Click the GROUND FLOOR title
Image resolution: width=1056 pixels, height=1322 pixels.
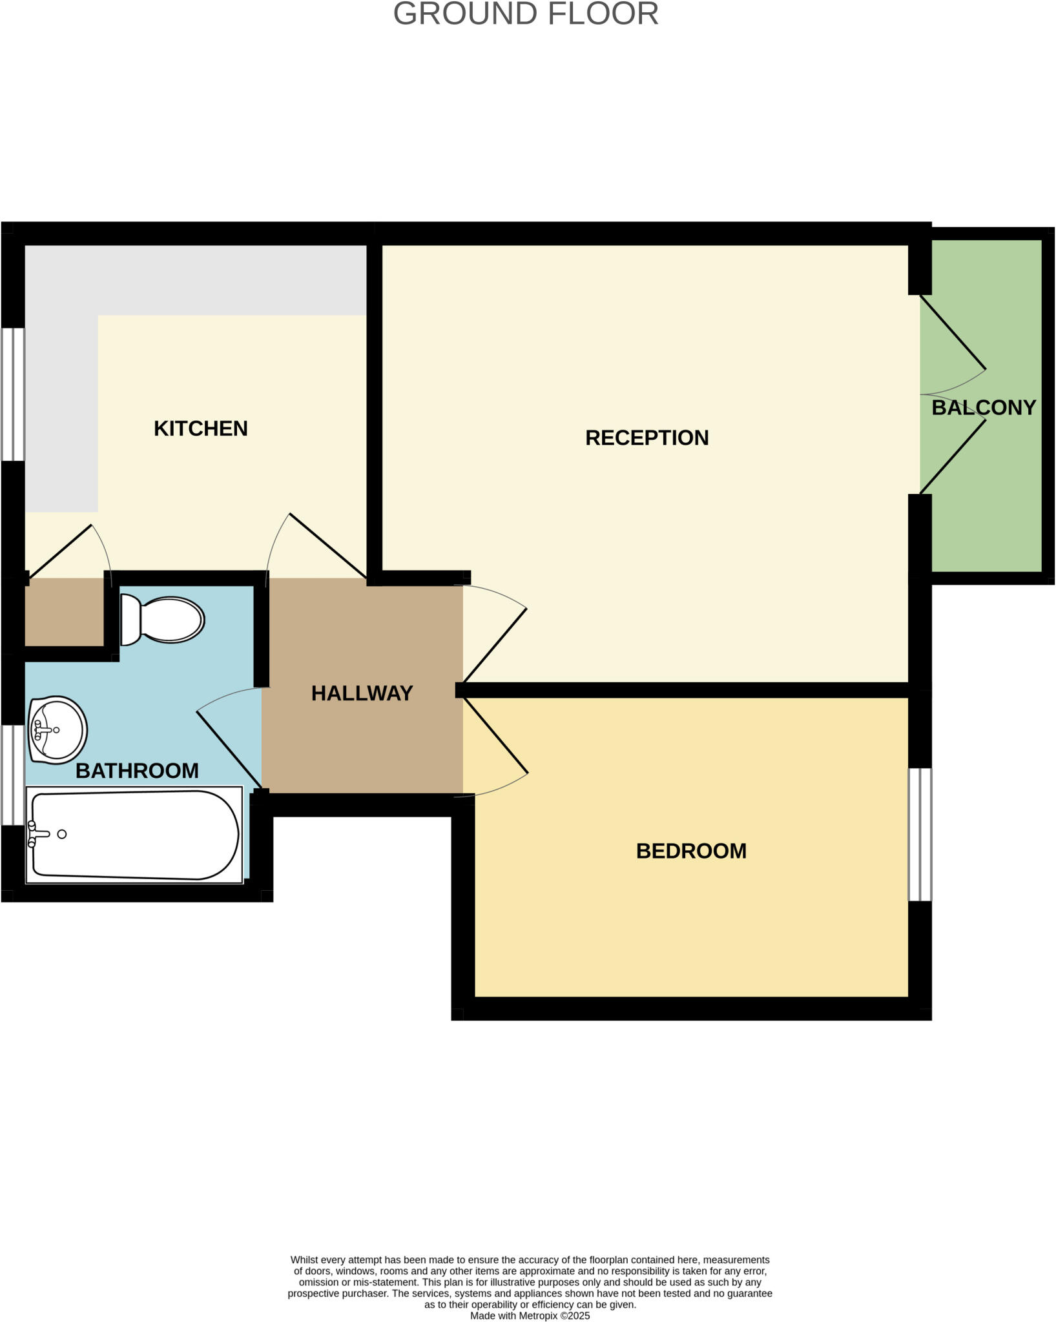coord(526,14)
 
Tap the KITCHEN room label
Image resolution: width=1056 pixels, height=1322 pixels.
coord(200,429)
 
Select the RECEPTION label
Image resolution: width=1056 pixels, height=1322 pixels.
coord(647,438)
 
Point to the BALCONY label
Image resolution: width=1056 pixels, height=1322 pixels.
coord(983,407)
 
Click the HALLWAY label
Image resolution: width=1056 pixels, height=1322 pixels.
coord(362,693)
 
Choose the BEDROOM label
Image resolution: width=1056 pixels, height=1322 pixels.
coord(691,851)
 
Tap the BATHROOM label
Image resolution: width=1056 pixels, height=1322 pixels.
coord(137,771)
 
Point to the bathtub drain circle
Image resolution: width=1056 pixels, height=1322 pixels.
coord(62,834)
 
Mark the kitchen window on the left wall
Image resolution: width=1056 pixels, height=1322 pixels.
coord(13,394)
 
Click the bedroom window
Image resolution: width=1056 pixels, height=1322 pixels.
coord(920,834)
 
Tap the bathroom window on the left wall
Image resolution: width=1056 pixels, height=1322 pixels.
coord(13,775)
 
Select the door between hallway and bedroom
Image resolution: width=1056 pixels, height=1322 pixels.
coord(495,736)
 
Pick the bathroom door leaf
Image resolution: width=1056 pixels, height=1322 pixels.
coord(229,749)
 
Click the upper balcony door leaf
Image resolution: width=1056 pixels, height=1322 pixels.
coord(953,332)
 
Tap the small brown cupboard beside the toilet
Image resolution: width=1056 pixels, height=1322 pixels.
coord(65,612)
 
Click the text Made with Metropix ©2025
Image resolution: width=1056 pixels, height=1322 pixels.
coord(530,1316)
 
